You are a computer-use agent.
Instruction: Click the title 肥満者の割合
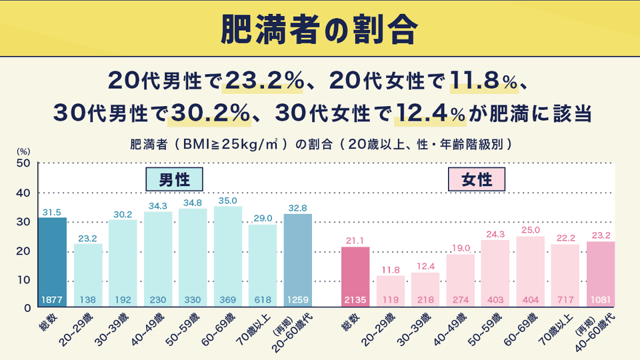tap(319, 28)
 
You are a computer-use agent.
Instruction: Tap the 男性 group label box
tap(175, 179)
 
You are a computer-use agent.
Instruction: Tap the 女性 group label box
tap(477, 179)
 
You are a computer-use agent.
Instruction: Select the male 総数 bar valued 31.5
tap(52, 260)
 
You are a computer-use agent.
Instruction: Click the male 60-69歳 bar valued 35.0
tap(227, 257)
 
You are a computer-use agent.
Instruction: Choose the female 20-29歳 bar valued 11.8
tap(390, 290)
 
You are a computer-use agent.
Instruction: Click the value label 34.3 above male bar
tap(158, 206)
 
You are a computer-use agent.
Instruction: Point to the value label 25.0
tap(530, 230)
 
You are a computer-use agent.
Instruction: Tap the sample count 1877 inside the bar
tap(52, 300)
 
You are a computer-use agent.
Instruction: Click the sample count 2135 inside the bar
tap(355, 300)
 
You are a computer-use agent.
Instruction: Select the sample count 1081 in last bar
tap(601, 300)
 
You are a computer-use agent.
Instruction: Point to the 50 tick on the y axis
tap(23, 163)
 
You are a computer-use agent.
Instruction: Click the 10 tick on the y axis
tap(23, 279)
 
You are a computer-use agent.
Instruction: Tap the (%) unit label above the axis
tap(23, 151)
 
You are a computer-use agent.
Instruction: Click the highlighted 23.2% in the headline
tap(264, 81)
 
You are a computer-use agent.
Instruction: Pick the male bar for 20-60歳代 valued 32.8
tap(297, 260)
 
